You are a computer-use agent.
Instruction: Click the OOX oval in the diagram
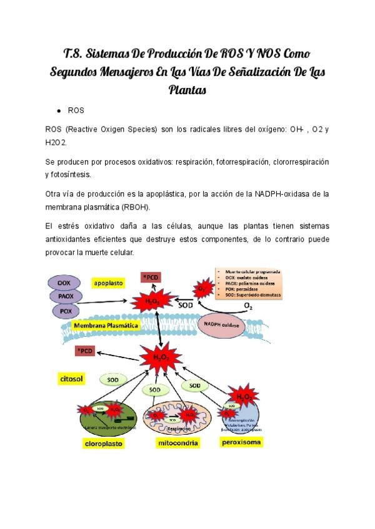pyautogui.click(x=64, y=283)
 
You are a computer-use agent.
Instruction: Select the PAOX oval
pyautogui.click(x=64, y=296)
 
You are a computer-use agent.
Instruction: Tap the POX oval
pyautogui.click(x=64, y=310)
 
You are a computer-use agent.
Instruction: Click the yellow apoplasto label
pyautogui.click(x=108, y=283)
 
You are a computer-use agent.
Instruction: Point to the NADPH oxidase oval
pyautogui.click(x=222, y=324)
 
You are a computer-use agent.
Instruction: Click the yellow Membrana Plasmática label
pyautogui.click(x=106, y=326)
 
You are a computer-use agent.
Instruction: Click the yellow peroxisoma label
pyautogui.click(x=241, y=442)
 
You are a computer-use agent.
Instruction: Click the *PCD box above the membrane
pyautogui.click(x=151, y=276)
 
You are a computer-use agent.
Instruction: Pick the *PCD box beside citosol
pyautogui.click(x=86, y=351)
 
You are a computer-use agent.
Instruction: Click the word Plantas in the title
pyautogui.click(x=187, y=90)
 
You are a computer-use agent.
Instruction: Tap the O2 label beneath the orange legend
pyautogui.click(x=248, y=306)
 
